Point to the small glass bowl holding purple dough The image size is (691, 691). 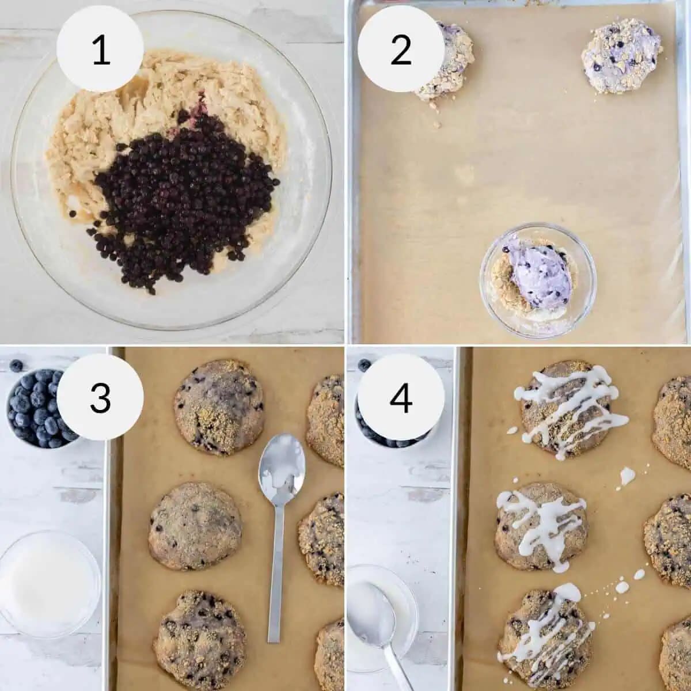click(x=538, y=280)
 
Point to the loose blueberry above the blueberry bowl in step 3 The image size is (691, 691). click(x=17, y=365)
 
